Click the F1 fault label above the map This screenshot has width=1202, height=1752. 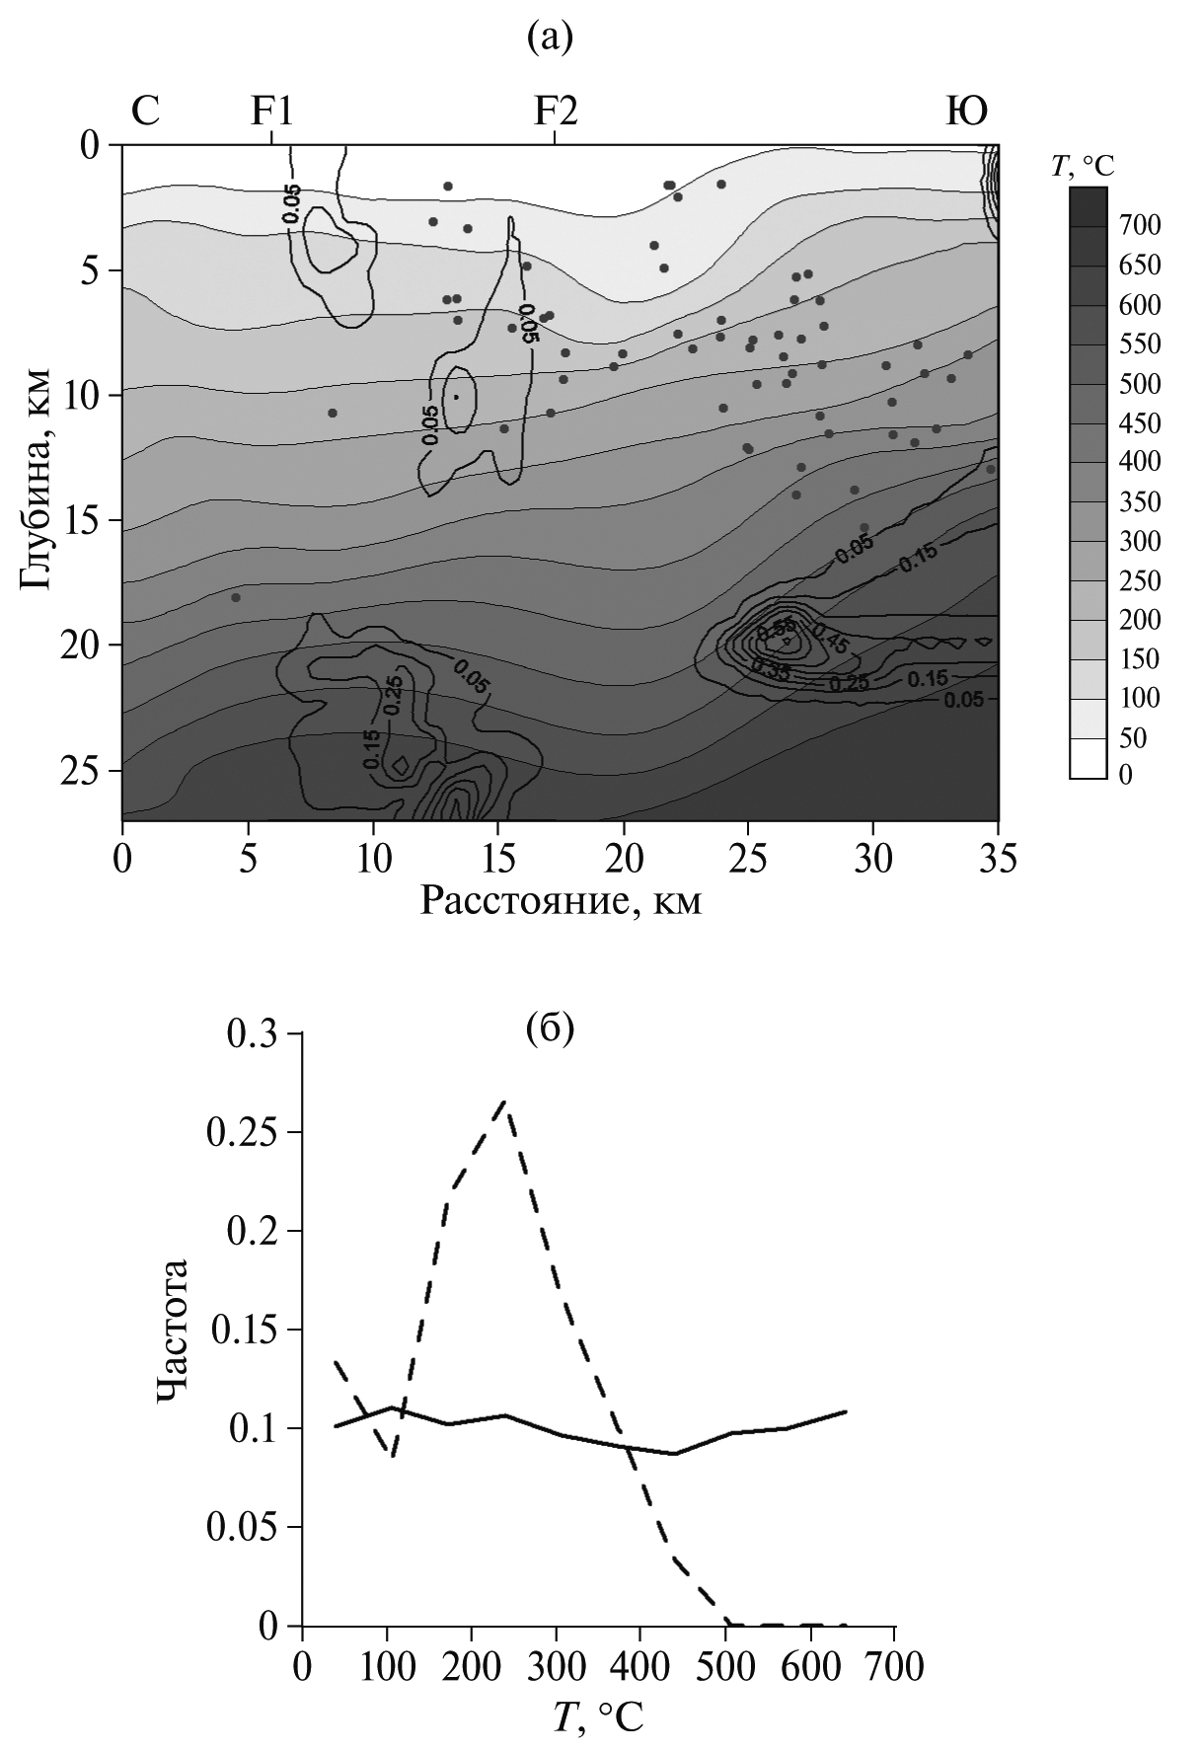coord(271,112)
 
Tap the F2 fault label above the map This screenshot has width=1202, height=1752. coord(556,112)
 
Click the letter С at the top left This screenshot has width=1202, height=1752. coord(145,112)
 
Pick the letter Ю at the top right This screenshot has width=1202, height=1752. coord(967,112)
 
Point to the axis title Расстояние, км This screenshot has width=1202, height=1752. coord(561,900)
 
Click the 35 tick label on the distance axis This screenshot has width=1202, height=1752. coord(998,855)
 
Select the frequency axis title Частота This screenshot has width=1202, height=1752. coord(174,1330)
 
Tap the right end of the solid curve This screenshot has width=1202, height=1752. coord(846,1410)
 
